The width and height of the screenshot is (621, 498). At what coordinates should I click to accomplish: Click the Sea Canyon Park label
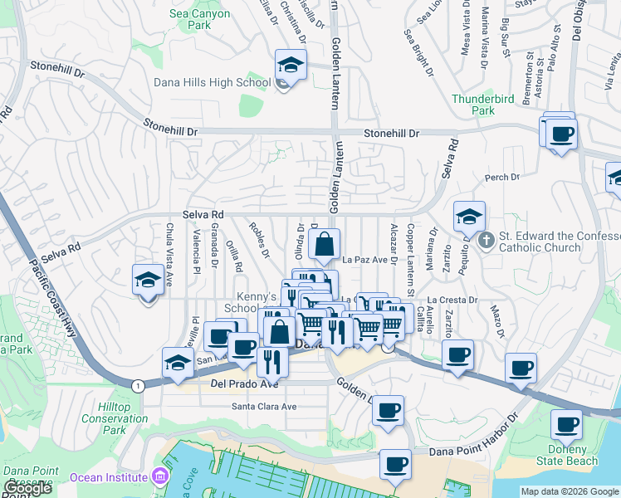199,20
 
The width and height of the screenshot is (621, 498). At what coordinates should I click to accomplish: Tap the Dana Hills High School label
213,82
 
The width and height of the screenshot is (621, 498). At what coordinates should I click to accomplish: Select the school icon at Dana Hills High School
291,65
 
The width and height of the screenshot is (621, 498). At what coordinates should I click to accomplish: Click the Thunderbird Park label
483,105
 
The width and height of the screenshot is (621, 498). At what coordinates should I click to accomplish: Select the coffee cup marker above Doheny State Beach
569,424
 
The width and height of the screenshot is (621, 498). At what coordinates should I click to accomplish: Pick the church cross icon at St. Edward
486,242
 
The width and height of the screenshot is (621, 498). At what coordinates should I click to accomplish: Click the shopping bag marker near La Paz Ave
324,245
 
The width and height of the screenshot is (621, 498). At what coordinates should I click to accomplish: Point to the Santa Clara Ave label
264,407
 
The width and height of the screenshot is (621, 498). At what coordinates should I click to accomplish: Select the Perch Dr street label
501,177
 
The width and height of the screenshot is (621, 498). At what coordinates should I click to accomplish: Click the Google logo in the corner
27,489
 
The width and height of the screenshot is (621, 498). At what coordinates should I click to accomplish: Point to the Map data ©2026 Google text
570,491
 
